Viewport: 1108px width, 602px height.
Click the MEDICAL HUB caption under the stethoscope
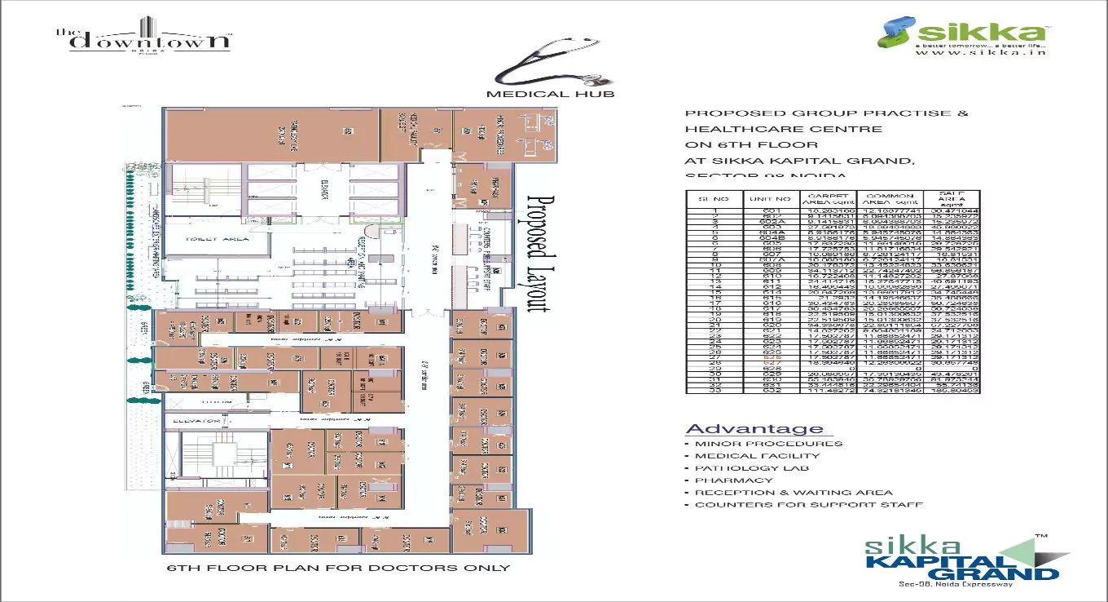(x=550, y=94)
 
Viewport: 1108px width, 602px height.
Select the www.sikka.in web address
(x=974, y=53)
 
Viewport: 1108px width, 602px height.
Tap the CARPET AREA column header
(x=829, y=198)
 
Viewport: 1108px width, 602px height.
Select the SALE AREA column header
(x=952, y=198)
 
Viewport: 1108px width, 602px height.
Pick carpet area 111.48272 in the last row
(x=829, y=390)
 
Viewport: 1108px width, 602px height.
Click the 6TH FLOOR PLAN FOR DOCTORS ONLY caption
(x=338, y=568)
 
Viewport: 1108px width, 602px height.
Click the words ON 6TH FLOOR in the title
(x=739, y=144)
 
